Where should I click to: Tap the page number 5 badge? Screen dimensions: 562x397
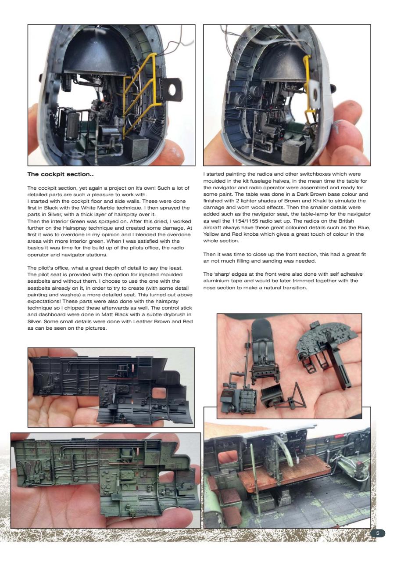point(378,533)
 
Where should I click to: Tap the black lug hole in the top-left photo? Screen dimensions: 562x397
point(172,89)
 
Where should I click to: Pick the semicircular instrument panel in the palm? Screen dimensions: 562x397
point(324,342)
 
